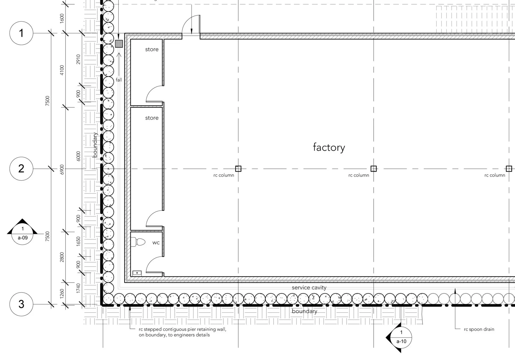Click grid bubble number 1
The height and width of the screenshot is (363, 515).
21,33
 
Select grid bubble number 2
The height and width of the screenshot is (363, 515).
21,168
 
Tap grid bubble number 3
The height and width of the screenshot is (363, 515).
21,304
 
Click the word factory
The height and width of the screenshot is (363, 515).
329,148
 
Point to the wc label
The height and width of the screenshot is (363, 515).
156,243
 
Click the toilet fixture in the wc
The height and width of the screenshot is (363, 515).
139,242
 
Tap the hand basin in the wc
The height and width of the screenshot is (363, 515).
137,273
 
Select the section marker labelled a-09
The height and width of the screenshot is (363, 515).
22,233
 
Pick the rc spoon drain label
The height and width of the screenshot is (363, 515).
479,329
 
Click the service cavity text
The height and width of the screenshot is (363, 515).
309,287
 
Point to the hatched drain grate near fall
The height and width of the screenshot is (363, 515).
119,44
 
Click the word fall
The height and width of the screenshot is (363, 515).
119,80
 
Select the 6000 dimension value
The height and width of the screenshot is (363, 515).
79,156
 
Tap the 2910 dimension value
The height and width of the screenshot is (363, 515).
79,59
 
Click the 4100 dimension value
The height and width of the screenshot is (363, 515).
62,70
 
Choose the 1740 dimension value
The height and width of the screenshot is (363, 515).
79,288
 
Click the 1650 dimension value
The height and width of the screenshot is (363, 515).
79,242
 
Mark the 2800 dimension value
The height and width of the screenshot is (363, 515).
62,257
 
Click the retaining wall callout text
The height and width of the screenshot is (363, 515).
182,332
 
